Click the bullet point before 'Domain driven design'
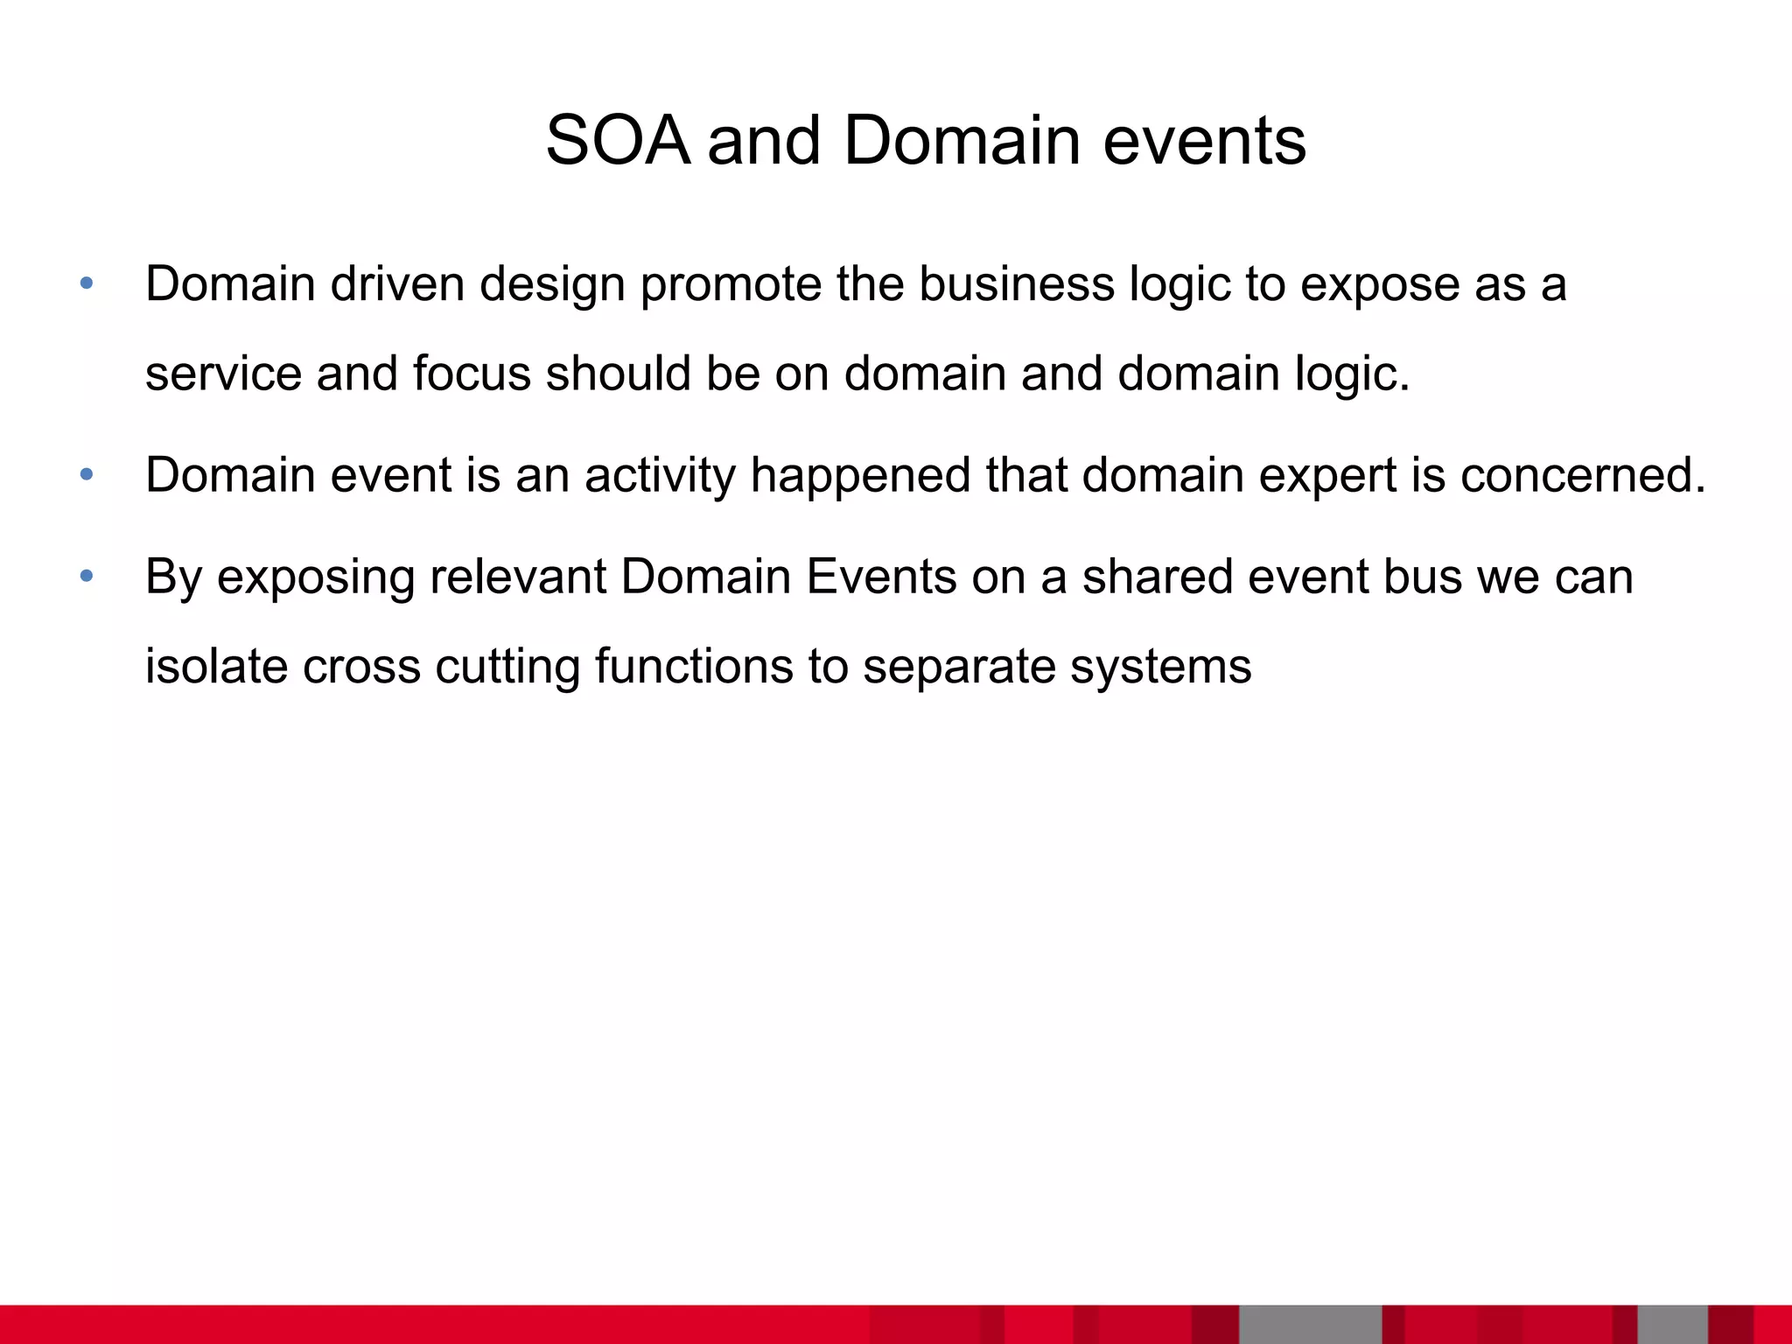tap(86, 283)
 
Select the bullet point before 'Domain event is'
tap(86, 475)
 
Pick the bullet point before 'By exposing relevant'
tap(86, 577)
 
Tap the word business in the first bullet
tap(1015, 283)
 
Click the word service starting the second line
tap(222, 373)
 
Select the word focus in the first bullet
tap(472, 373)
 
